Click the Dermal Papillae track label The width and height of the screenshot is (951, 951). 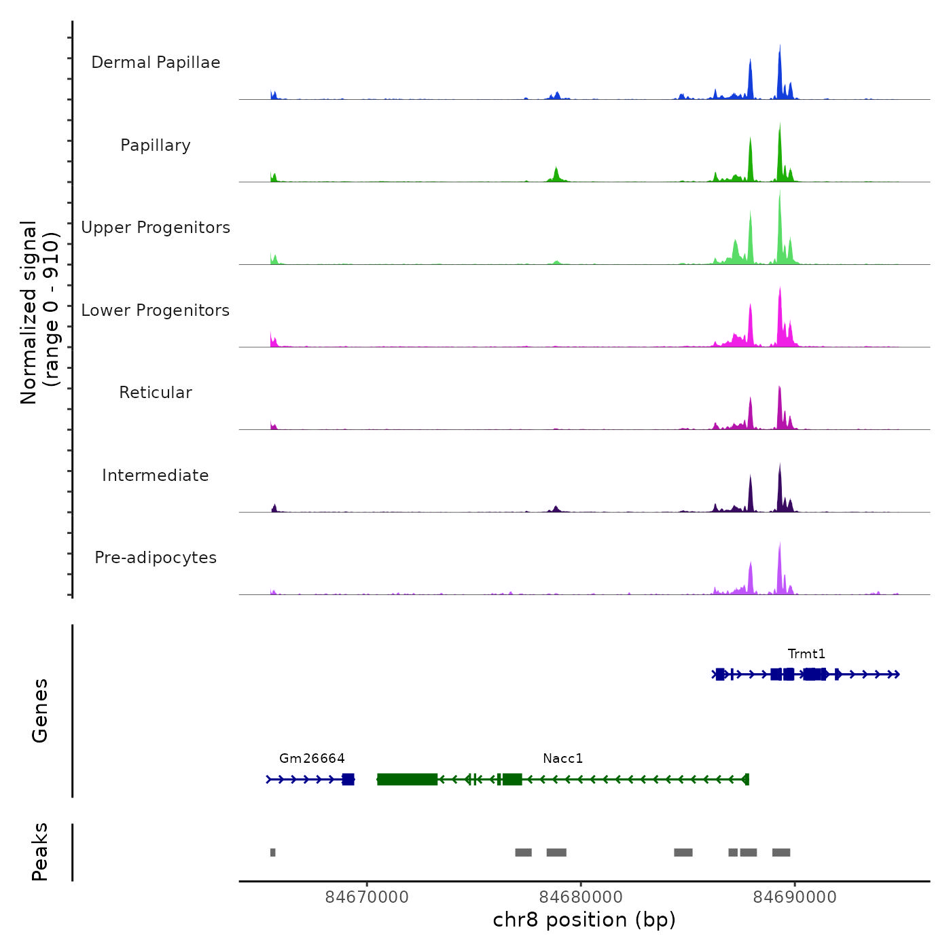pyautogui.click(x=156, y=62)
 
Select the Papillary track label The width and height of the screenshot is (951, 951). pyautogui.click(x=156, y=145)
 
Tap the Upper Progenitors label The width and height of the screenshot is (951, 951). pyautogui.click(x=156, y=228)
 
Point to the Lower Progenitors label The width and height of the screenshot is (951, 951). pyautogui.click(x=156, y=310)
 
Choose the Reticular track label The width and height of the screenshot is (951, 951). pyautogui.click(x=156, y=393)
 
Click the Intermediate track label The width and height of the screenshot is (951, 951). pyautogui.click(x=156, y=475)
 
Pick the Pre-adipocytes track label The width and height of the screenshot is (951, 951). pyautogui.click(x=156, y=558)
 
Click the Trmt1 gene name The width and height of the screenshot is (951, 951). pyautogui.click(x=806, y=654)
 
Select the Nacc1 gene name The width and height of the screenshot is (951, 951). pyautogui.click(x=562, y=759)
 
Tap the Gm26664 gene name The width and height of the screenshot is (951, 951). pyautogui.click(x=312, y=759)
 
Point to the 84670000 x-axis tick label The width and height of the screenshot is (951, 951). pyautogui.click(x=367, y=897)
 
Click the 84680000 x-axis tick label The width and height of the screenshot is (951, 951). pyautogui.click(x=581, y=897)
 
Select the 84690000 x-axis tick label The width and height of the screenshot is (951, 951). pyautogui.click(x=795, y=897)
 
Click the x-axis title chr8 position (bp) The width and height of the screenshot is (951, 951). pyautogui.click(x=584, y=920)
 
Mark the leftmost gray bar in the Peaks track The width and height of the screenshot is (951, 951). pyautogui.click(x=272, y=853)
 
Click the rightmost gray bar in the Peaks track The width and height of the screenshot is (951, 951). pyautogui.click(x=781, y=853)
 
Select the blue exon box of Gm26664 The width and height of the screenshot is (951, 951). pyautogui.click(x=348, y=779)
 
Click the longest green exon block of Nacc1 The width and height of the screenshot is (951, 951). pyautogui.click(x=407, y=779)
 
